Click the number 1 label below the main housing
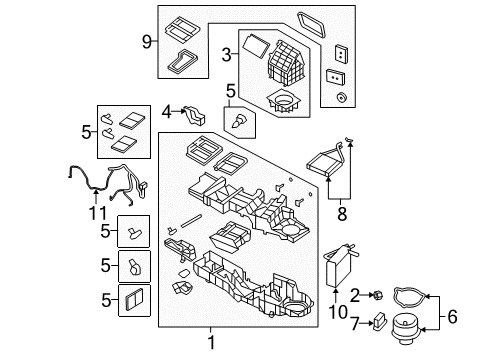click(x=210, y=343)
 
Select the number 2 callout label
click(x=354, y=293)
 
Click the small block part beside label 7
click(x=381, y=321)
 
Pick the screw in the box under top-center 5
click(x=239, y=124)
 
